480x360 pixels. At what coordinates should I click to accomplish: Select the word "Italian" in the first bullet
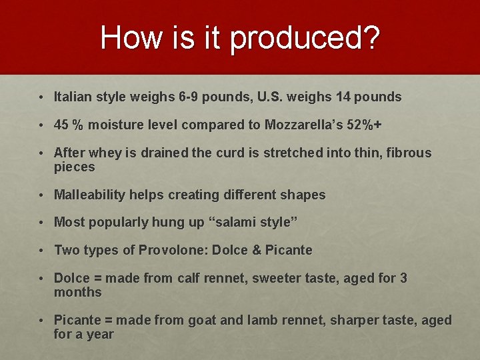coord(73,97)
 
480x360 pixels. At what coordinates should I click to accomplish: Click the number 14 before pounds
coord(344,97)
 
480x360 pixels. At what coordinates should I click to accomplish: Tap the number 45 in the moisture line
coord(62,125)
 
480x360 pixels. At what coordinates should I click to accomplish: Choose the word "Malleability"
coord(89,195)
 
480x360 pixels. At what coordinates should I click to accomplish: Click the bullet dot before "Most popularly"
coord(41,222)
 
